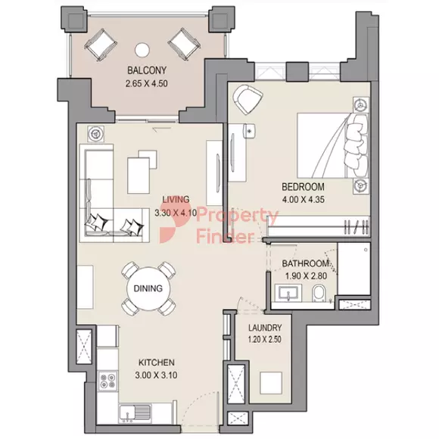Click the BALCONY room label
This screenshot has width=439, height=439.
(147, 70)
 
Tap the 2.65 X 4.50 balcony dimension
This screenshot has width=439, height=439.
(147, 83)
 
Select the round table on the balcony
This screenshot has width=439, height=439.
(142, 50)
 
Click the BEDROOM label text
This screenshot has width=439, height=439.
(303, 187)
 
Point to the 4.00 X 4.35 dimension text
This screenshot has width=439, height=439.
(304, 200)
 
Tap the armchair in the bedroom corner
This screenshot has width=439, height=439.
(248, 99)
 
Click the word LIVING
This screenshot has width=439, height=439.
(176, 199)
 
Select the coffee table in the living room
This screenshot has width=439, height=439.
(139, 176)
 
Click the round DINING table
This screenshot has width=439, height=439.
(148, 288)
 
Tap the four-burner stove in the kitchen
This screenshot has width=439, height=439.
(107, 381)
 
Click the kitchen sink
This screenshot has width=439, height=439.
(135, 413)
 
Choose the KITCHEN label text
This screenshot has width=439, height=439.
(156, 363)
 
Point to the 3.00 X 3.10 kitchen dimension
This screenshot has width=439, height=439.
(156, 375)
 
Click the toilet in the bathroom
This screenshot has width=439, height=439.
(319, 293)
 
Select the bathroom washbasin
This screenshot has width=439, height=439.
(288, 293)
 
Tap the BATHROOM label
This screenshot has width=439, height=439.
(305, 263)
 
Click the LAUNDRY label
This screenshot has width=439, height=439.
(265, 328)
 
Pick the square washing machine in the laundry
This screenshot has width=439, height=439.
(270, 383)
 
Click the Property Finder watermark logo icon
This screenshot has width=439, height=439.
(171, 225)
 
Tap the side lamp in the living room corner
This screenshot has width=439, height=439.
(96, 133)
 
